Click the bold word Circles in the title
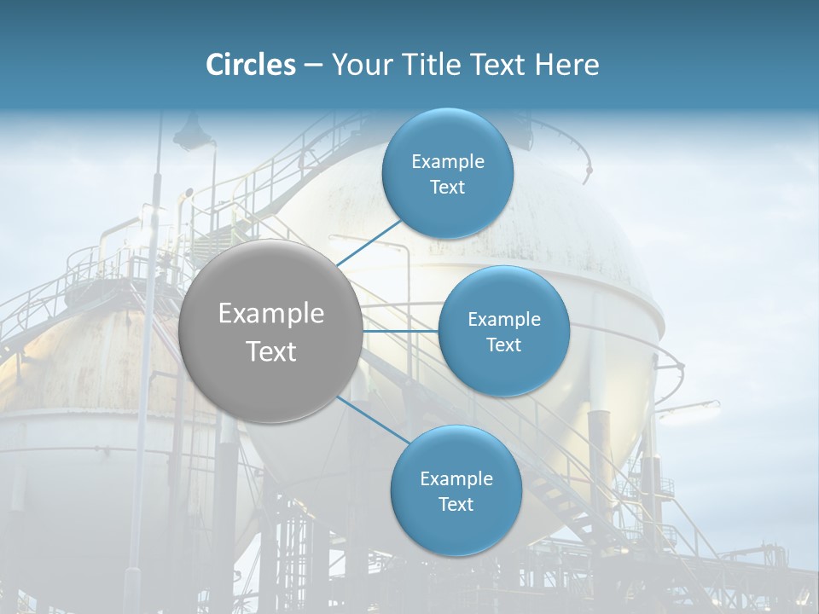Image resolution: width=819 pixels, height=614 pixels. point(250,65)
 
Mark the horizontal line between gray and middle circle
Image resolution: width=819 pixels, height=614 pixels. point(401,331)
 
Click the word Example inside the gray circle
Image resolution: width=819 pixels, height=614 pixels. point(271,314)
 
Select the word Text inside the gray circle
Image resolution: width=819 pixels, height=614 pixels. point(271,351)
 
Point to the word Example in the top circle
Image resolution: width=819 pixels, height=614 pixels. point(448,161)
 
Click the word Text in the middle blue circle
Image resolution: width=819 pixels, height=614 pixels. point(503,345)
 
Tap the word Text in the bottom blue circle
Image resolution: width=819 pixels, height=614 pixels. point(456,504)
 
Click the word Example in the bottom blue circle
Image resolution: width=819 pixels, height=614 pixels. point(456,478)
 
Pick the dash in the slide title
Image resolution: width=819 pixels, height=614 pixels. point(313,66)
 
